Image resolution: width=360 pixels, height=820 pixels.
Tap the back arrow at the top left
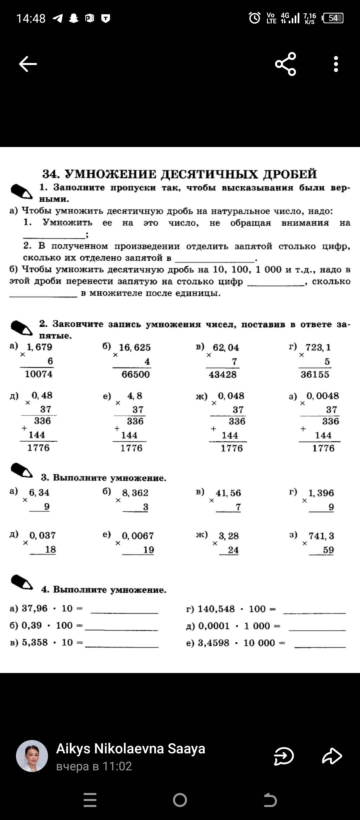point(28,64)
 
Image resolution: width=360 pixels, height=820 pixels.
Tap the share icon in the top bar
point(285,64)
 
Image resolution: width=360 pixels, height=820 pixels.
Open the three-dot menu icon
point(336,64)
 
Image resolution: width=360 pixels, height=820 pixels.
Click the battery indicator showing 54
point(333,18)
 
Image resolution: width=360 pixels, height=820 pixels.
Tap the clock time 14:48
point(31,18)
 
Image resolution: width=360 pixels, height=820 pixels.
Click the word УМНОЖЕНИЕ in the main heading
point(110,174)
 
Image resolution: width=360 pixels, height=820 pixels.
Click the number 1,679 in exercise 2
point(39,347)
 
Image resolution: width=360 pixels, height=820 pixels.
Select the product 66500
point(135,374)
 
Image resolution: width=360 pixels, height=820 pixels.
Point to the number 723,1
point(318,347)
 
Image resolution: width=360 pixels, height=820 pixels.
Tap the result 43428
point(222,374)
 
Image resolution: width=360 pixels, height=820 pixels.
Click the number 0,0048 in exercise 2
point(322,396)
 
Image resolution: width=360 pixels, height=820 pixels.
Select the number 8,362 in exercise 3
point(135,493)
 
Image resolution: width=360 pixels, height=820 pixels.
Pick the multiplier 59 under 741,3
point(328,550)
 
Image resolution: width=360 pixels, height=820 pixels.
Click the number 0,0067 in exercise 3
point(138,536)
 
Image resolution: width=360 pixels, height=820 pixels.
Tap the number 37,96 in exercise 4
point(35,608)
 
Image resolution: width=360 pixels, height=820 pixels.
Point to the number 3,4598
point(213,643)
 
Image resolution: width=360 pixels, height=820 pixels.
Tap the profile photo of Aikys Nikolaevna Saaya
point(32,756)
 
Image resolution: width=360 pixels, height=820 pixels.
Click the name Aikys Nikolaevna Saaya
point(130,749)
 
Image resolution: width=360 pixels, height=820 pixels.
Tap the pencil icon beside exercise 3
point(22,471)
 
